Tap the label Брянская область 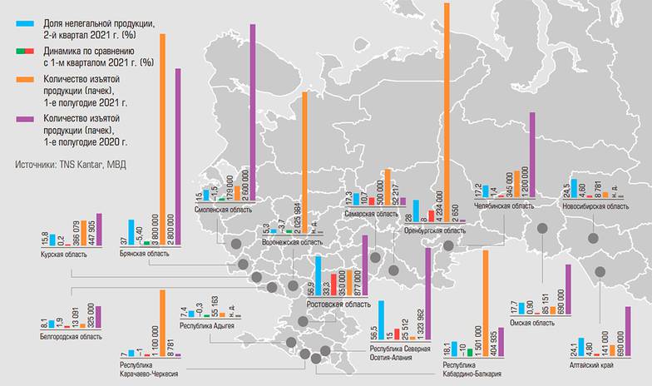tap(144, 254)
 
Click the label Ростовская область tap(338, 304)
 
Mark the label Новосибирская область tap(591, 205)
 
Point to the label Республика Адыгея tap(208, 326)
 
